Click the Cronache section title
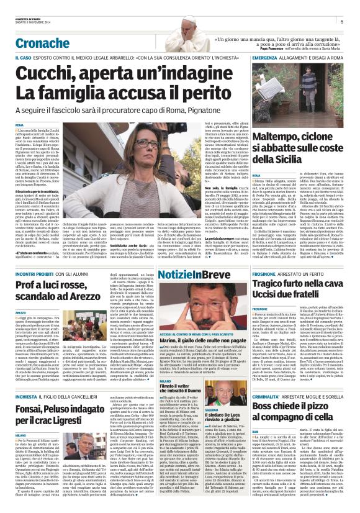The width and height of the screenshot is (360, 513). point(42,43)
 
